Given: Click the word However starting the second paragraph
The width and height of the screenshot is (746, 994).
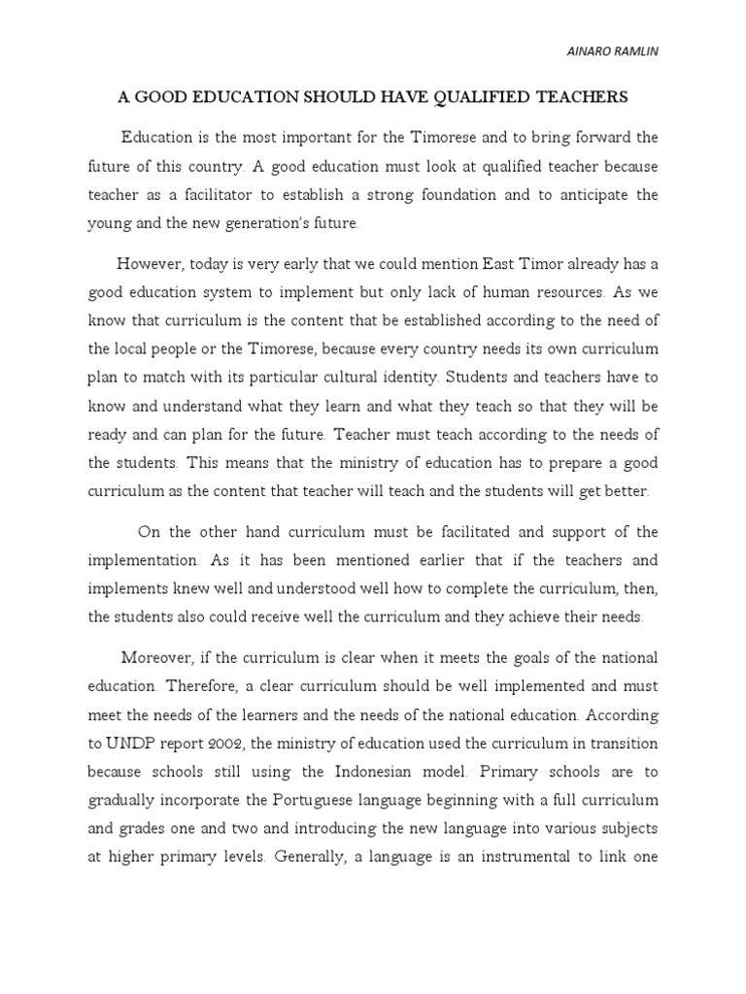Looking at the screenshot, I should click(x=149, y=263).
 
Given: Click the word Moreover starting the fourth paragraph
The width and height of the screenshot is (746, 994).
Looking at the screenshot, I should click(x=156, y=658).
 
